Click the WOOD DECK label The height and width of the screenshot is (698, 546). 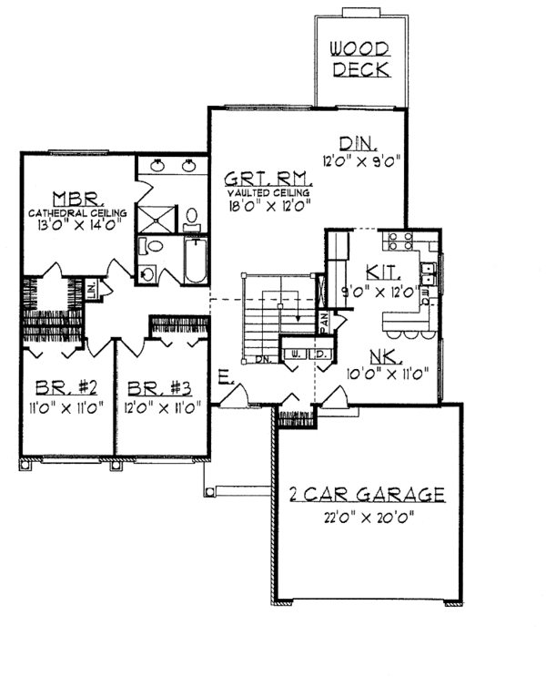pos(359,58)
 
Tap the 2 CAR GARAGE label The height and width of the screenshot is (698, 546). pos(366,495)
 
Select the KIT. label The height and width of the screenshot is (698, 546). pos(379,272)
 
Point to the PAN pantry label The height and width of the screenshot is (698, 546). pos(323,321)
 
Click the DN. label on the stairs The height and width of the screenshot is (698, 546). pos(264,359)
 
